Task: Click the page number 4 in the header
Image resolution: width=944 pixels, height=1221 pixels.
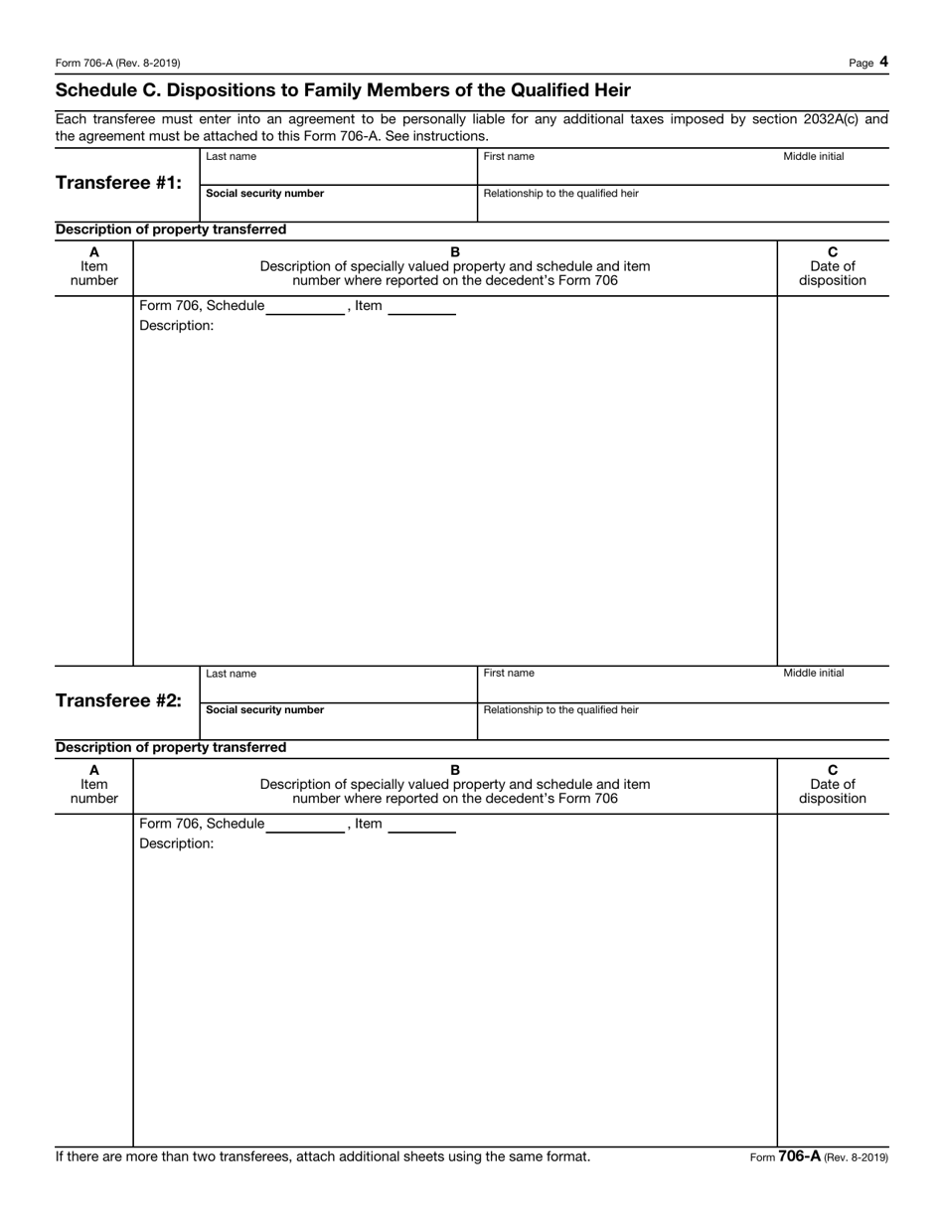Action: (x=883, y=62)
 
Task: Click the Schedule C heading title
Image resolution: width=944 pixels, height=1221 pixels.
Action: (x=343, y=90)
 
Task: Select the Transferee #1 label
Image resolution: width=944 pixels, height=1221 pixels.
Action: (x=119, y=183)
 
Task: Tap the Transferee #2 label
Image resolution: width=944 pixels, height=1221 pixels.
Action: (x=119, y=700)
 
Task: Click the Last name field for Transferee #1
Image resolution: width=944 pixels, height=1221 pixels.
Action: (x=338, y=171)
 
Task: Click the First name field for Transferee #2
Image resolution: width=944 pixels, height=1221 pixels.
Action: (x=626, y=688)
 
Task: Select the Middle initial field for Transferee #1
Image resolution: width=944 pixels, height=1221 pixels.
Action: (x=833, y=171)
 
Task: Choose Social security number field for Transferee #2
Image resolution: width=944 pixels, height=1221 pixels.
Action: (x=338, y=725)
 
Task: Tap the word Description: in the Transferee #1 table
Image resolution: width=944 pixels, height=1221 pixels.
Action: (x=176, y=326)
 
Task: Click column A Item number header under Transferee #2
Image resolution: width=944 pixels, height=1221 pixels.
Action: (x=94, y=784)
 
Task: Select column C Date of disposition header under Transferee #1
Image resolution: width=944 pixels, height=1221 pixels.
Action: (x=833, y=266)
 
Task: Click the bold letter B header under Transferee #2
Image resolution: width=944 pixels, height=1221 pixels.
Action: (x=455, y=769)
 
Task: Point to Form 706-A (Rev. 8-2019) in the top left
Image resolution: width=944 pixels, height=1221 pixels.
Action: (x=118, y=63)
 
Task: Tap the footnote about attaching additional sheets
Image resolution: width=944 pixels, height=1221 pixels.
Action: (x=323, y=1156)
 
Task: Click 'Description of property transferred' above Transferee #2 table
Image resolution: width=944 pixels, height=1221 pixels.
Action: (x=171, y=747)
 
